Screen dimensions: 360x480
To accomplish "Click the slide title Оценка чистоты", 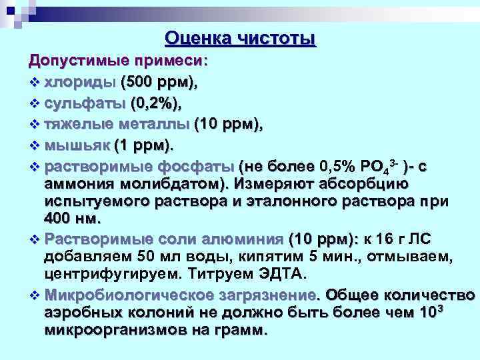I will [240, 39].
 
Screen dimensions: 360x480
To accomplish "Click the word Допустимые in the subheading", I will [71, 61].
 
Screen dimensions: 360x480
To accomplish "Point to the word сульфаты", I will [88, 103].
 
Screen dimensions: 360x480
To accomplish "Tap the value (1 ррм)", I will [143, 145].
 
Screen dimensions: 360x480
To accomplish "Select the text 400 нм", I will [73, 218].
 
